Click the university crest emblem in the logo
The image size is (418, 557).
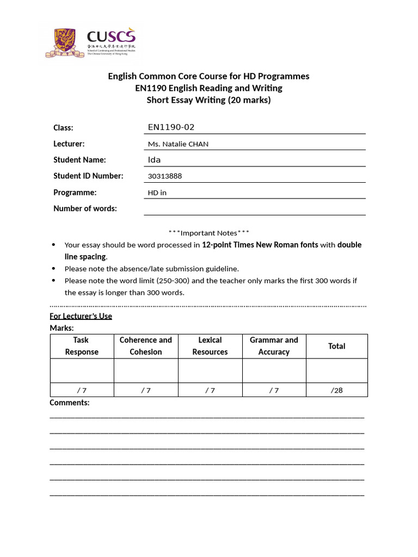click(x=65, y=42)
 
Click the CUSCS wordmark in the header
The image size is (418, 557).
click(x=111, y=38)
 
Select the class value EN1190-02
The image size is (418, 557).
click(x=171, y=127)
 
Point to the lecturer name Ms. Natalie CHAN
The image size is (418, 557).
click(x=178, y=144)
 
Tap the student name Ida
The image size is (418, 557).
click(x=155, y=160)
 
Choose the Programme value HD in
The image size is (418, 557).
click(x=157, y=193)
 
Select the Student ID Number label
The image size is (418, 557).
click(x=88, y=176)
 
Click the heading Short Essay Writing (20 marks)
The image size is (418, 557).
click(x=208, y=100)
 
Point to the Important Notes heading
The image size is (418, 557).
click(x=209, y=233)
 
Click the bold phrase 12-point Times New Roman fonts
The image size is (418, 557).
click(x=260, y=245)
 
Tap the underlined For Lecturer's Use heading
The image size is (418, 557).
click(x=81, y=316)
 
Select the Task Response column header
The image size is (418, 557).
click(x=82, y=346)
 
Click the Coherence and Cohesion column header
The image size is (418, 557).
click(x=146, y=346)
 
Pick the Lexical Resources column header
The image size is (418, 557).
click(x=210, y=346)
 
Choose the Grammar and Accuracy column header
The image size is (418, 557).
click(x=274, y=346)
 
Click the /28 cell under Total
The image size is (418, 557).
click(x=336, y=390)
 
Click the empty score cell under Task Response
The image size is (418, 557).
click(x=82, y=370)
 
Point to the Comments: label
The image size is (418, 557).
click(x=70, y=403)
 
